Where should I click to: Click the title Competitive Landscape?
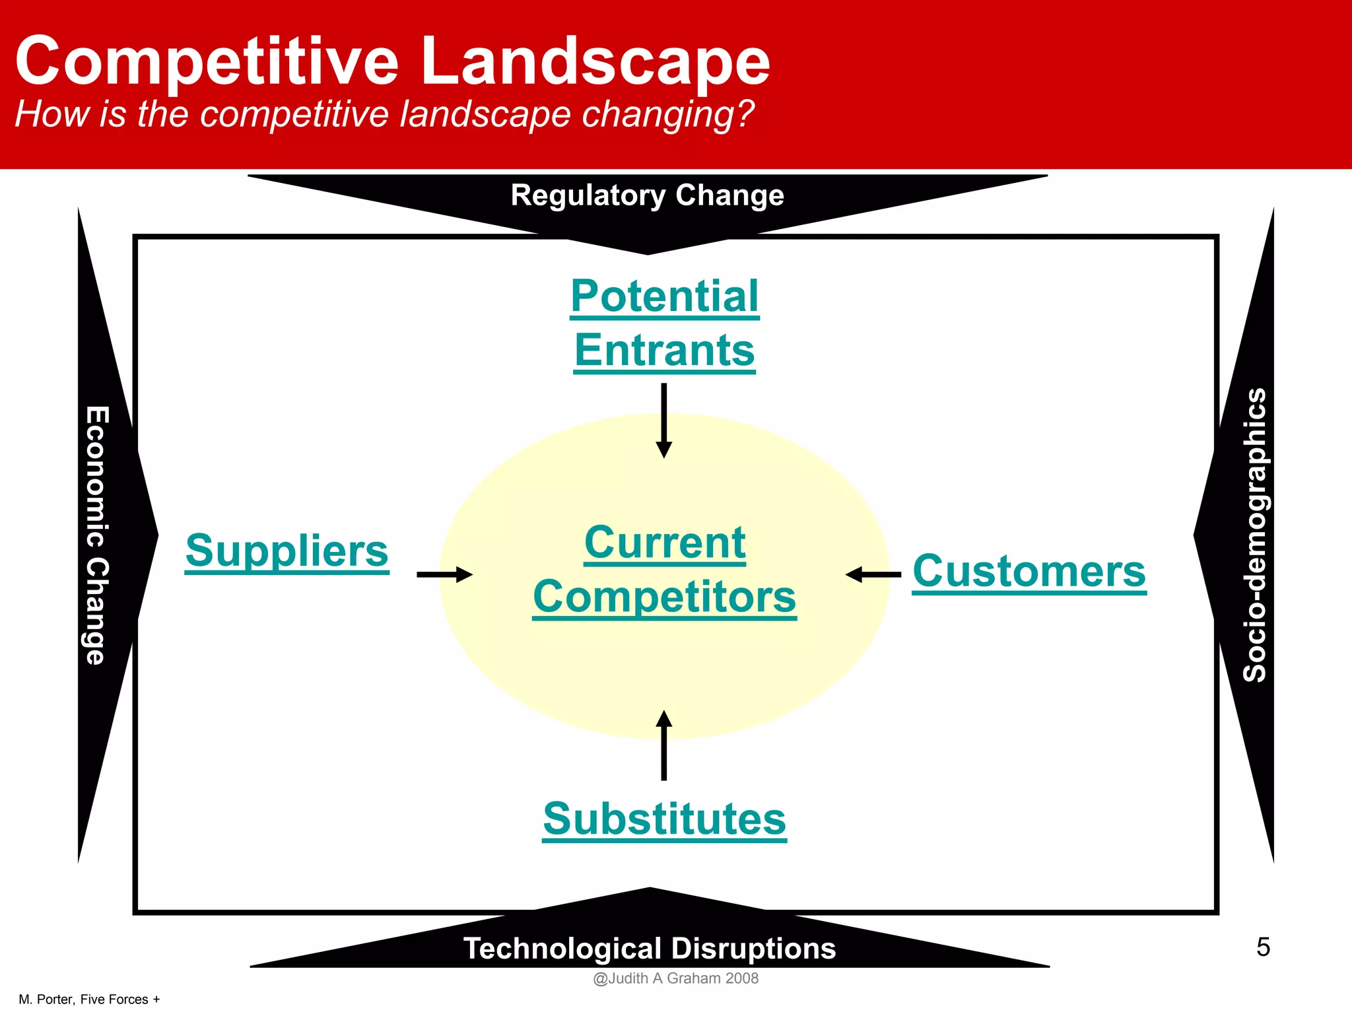392,61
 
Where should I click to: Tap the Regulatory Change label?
647,195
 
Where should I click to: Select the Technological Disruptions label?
650,948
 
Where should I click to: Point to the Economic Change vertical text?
96,535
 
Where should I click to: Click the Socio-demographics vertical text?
1254,535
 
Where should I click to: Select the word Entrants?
664,350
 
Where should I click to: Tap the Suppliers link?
287,551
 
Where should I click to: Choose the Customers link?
1029,571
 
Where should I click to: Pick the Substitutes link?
664,819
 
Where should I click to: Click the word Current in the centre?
665,543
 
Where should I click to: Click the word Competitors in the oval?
664,597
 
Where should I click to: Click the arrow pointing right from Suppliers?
444,574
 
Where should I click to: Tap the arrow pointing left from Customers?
873,574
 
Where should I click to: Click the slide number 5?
1263,947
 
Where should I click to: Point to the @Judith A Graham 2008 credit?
675,978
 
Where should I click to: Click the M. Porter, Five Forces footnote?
89,999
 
